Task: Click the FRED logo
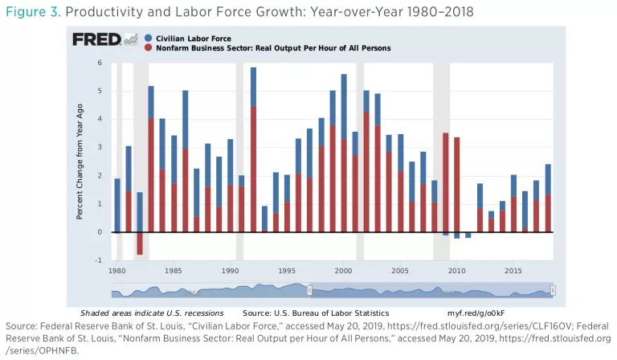[95, 39]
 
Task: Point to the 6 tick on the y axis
[99, 63]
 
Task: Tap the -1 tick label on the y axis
[98, 260]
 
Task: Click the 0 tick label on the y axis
[99, 232]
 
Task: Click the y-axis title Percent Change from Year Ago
[82, 161]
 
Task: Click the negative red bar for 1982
[140, 243]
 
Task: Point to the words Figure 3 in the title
[29, 11]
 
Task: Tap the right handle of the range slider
[553, 290]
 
